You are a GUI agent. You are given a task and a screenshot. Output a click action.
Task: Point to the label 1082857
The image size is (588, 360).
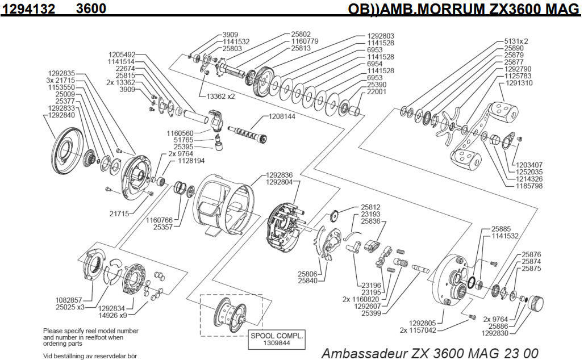69,299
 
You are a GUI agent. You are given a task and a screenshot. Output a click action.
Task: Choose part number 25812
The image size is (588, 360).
370,207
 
